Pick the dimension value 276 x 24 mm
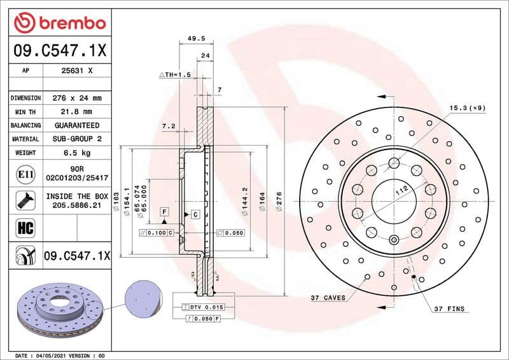[76, 99]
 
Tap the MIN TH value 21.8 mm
[76, 112]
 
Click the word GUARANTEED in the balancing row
[76, 125]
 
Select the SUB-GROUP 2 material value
[76, 139]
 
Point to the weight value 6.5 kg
[76, 153]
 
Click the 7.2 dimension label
[169, 127]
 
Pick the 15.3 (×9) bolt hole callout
[467, 108]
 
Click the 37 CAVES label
[328, 298]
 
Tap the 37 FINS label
[449, 309]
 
